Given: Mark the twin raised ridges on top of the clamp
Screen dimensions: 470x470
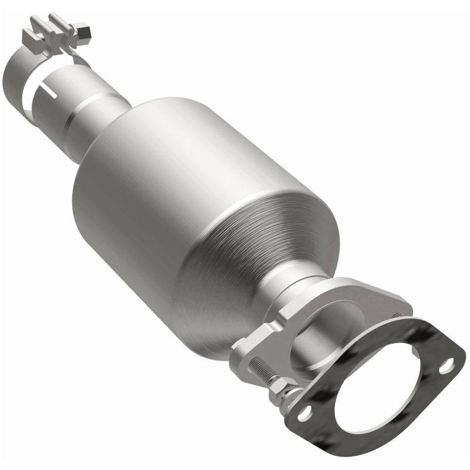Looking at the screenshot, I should tap(53, 26).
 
